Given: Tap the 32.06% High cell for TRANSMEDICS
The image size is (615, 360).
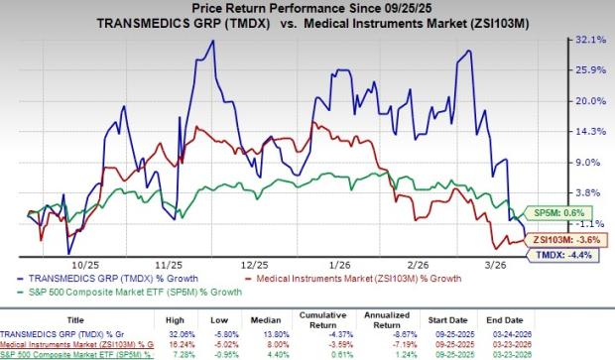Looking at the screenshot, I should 182,332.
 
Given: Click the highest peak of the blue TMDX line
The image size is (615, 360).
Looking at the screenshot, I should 212,42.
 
